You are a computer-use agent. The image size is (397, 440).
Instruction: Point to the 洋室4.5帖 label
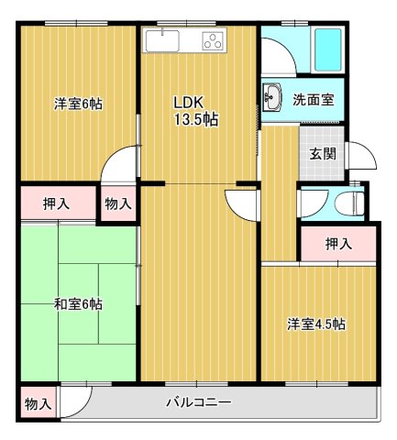pyautogui.click(x=316, y=324)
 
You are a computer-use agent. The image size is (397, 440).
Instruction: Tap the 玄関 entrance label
pyautogui.click(x=322, y=153)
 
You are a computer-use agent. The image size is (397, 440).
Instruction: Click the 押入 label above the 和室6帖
pyautogui.click(x=55, y=203)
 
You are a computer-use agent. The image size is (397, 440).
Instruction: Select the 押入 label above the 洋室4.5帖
pyautogui.click(x=338, y=243)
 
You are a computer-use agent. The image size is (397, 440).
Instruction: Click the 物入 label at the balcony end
pyautogui.click(x=37, y=403)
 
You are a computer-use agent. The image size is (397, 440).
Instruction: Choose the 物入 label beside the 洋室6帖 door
pyautogui.click(x=116, y=203)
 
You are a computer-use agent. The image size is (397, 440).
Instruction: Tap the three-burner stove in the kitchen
pyautogui.click(x=213, y=40)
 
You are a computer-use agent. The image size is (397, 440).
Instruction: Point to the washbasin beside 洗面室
pyautogui.click(x=272, y=97)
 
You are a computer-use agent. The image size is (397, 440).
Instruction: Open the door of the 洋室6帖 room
pyautogui.click(x=119, y=168)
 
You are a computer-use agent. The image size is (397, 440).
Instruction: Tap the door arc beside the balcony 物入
pyautogui.click(x=76, y=399)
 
